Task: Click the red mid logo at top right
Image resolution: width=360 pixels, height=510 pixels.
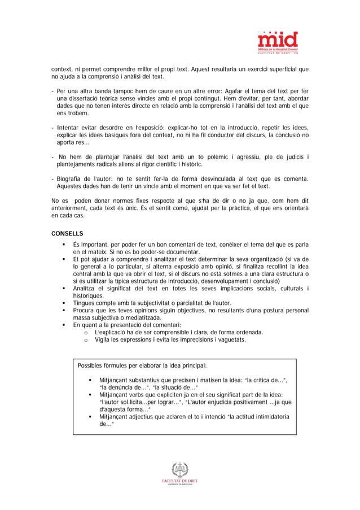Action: pos(278,41)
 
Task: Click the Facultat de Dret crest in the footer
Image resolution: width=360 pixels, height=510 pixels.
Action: pos(179,470)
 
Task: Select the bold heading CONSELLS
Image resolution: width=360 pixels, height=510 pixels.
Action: pos(67,233)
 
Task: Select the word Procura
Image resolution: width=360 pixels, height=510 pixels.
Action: pos(85,311)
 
